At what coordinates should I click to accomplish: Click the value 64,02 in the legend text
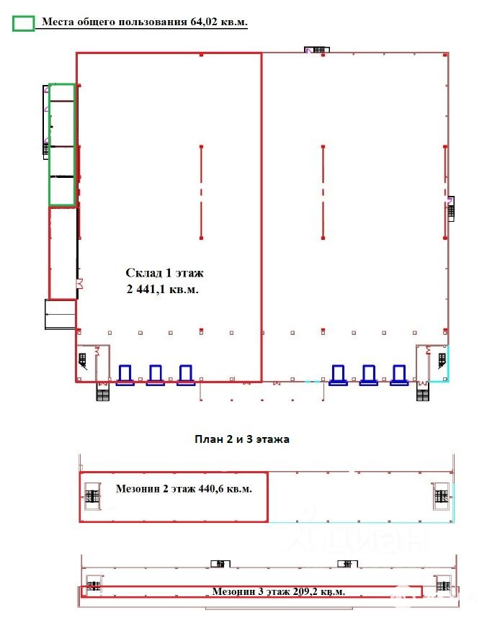pyautogui.click(x=204, y=22)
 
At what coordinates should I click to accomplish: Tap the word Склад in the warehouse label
pyautogui.click(x=143, y=273)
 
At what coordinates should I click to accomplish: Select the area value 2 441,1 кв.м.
pyautogui.click(x=163, y=289)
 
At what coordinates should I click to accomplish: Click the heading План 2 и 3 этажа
pyautogui.click(x=242, y=439)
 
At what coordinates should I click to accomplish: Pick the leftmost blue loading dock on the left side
pyautogui.click(x=125, y=375)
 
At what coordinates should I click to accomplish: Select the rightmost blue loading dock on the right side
pyautogui.click(x=399, y=375)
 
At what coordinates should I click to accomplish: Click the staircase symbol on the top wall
pyautogui.click(x=317, y=50)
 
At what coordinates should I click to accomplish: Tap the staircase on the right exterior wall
pyautogui.click(x=451, y=209)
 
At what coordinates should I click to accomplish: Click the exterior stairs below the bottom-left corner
pyautogui.click(x=102, y=395)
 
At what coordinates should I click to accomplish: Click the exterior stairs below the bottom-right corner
pyautogui.click(x=423, y=395)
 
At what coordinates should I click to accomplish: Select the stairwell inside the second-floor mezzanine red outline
pyautogui.click(x=92, y=496)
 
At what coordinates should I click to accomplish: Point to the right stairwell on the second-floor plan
pyautogui.click(x=441, y=496)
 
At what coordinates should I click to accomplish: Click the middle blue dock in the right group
pyautogui.click(x=369, y=375)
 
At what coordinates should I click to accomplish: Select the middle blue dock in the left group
pyautogui.click(x=156, y=375)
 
